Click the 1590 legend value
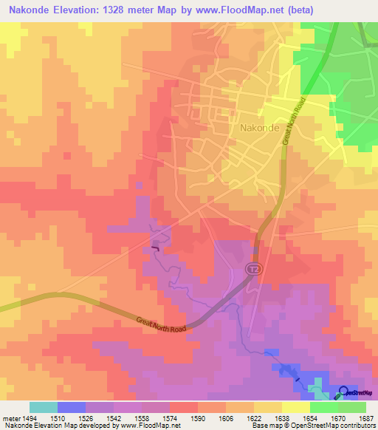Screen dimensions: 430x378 (198, 418)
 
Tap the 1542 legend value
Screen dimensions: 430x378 (114, 418)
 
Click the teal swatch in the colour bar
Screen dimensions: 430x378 (44, 407)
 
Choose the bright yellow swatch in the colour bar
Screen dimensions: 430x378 (295, 407)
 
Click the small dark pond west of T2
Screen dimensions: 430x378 (155, 248)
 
